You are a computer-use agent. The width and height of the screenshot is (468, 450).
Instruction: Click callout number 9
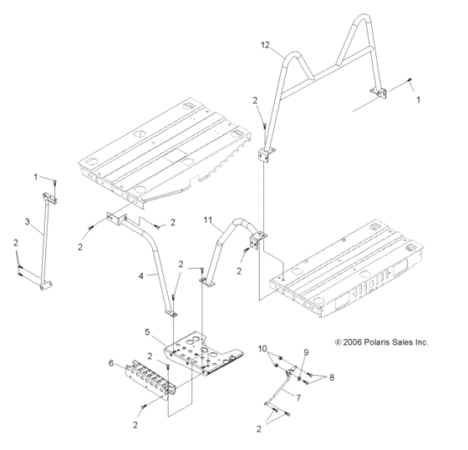tap(306, 352)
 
